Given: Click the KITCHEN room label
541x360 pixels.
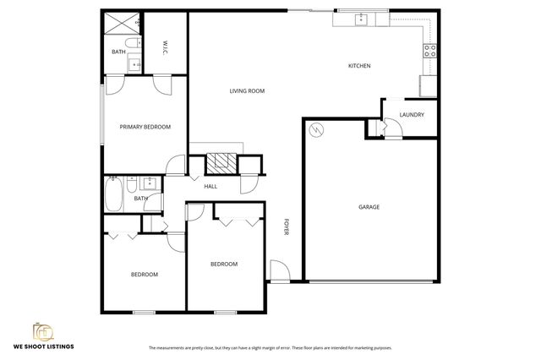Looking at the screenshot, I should pyautogui.click(x=359, y=66).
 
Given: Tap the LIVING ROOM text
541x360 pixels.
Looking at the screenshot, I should pyautogui.click(x=248, y=90).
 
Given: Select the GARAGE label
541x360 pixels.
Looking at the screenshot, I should pyautogui.click(x=369, y=207).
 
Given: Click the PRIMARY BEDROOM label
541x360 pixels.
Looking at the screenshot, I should pyautogui.click(x=145, y=127).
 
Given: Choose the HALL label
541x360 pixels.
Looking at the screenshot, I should pyautogui.click(x=210, y=187).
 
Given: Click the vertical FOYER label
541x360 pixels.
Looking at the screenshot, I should pyautogui.click(x=286, y=227).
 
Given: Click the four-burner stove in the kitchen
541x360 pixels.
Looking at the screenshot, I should pyautogui.click(x=429, y=49).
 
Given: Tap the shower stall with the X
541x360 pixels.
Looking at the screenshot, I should pyautogui.click(x=121, y=23).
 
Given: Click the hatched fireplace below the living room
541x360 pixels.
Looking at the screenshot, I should pyautogui.click(x=222, y=164).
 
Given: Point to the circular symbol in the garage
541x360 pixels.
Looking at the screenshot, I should pyautogui.click(x=316, y=130).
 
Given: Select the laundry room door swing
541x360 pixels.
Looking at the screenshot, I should pyautogui.click(x=391, y=128).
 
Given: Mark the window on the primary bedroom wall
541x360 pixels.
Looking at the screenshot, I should pyautogui.click(x=102, y=127).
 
